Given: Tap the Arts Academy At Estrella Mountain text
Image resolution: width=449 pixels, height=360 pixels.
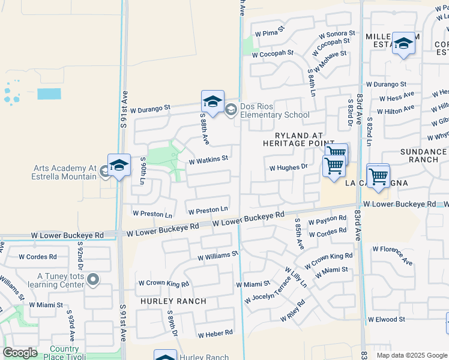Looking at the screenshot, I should click(x=64, y=172).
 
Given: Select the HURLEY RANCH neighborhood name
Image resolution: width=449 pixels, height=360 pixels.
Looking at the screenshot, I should click(x=173, y=301).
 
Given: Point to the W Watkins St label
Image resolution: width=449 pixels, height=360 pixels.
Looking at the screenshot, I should click(x=208, y=160).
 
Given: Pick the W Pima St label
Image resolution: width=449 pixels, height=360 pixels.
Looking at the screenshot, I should click(x=269, y=34).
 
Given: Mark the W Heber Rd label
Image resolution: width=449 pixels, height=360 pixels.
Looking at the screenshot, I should click(x=215, y=334).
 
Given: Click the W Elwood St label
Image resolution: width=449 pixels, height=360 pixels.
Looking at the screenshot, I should click(x=387, y=320).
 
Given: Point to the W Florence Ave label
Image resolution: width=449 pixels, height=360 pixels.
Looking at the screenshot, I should click(x=392, y=254).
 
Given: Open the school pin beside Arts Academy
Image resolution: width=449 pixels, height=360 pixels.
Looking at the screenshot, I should click(x=119, y=166).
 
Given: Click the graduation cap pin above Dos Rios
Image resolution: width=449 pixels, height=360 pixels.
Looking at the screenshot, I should click(x=212, y=101).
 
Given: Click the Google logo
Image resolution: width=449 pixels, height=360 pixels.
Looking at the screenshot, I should click(x=20, y=353).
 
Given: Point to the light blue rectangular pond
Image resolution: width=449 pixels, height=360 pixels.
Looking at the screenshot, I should click(x=49, y=94).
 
